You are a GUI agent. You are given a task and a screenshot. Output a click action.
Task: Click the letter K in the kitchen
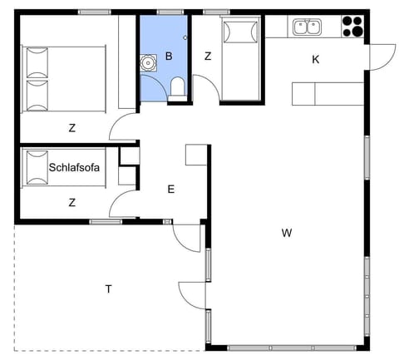[x=315, y=59]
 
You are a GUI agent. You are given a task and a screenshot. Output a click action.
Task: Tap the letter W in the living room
[x=286, y=233]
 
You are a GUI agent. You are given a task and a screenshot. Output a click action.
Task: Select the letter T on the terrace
[x=108, y=288]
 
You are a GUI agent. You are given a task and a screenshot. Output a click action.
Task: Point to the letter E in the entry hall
[x=170, y=190]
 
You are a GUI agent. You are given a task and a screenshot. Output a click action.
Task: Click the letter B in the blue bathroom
[x=169, y=57]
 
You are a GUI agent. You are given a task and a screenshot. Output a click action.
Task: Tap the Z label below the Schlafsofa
[x=72, y=202]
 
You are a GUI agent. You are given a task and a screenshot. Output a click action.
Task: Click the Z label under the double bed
[x=72, y=127]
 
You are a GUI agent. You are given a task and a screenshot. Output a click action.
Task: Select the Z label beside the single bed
[x=207, y=57]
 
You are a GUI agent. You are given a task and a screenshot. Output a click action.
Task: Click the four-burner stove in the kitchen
[x=352, y=27]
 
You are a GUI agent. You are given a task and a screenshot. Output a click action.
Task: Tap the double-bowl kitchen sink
[x=305, y=27]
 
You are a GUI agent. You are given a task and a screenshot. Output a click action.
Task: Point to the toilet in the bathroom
[x=176, y=88]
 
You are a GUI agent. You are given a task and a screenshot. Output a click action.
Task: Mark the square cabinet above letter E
[x=196, y=155]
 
